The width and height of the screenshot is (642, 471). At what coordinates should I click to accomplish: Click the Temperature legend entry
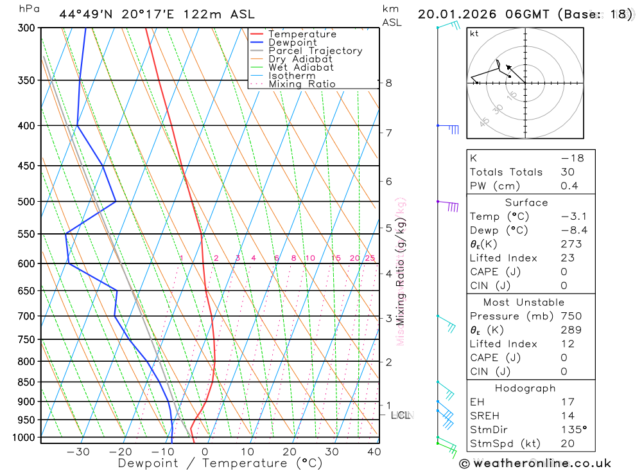302,34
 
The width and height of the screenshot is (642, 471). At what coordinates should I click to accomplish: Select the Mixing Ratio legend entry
302,84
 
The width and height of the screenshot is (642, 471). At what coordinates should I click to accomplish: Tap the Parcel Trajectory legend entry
315,51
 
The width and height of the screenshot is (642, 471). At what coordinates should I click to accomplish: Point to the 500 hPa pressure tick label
26,202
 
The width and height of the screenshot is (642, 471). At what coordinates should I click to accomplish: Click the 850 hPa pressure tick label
26,382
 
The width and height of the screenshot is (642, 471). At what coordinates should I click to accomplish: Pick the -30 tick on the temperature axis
78,452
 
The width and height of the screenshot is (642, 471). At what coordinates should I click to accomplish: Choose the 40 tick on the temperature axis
374,452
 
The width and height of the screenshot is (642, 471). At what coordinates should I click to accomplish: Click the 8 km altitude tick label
388,83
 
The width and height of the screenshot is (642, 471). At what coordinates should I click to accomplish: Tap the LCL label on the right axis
401,416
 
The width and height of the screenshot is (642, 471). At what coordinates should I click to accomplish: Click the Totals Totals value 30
568,172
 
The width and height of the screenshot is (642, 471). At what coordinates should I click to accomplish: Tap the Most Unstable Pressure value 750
571,316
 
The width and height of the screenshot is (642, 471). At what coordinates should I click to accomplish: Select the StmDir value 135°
573,430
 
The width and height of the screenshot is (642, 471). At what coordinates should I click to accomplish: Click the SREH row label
484,416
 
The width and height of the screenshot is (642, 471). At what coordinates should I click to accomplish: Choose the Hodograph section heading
525,388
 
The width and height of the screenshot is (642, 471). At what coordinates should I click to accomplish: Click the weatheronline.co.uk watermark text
535,463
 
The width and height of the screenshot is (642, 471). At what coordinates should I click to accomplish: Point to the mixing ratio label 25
370,258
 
